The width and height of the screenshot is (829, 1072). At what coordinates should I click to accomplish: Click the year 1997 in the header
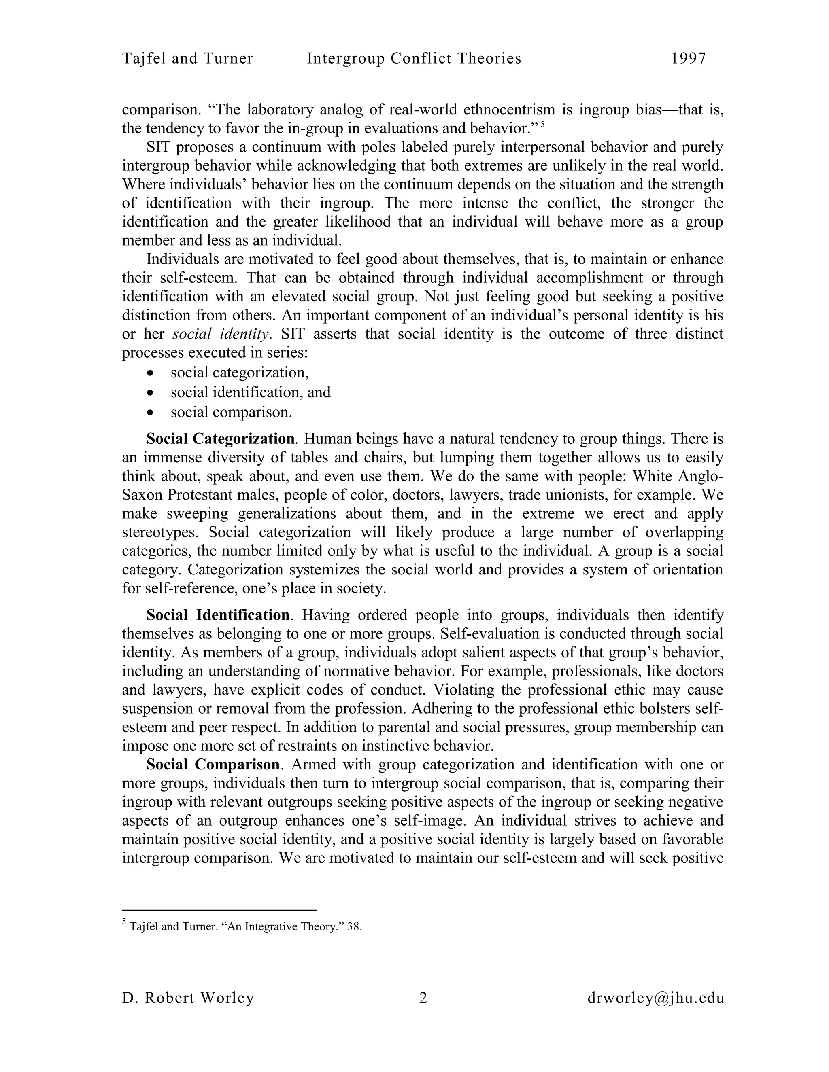coord(689,58)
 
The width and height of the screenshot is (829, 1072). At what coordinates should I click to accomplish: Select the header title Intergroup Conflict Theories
coord(414,58)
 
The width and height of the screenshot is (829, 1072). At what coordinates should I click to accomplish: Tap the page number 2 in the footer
coord(423,998)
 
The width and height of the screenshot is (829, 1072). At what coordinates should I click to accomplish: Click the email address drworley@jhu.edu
coord(656,998)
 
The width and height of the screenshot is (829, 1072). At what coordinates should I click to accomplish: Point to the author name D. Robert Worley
coord(188,998)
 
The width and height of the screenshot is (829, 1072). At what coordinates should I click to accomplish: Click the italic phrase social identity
coord(221,334)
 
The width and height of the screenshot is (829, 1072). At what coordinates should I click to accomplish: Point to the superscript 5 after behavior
coord(543,124)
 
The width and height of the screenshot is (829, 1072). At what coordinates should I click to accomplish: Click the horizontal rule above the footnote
coord(219,909)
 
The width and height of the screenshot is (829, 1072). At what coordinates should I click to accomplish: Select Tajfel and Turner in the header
coord(187,58)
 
